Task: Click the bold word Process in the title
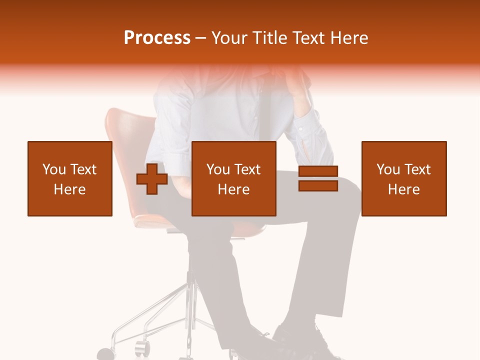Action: [157, 38]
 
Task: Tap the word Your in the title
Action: [229, 38]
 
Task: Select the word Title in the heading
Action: [269, 38]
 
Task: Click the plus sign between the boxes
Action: [152, 179]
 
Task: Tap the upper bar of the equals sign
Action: [318, 171]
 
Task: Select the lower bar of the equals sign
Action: [318, 186]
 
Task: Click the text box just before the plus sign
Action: [70, 178]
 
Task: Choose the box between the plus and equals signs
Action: [234, 178]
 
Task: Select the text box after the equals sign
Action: [404, 178]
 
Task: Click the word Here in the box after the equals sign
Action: [404, 189]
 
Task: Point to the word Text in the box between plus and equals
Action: [248, 169]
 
